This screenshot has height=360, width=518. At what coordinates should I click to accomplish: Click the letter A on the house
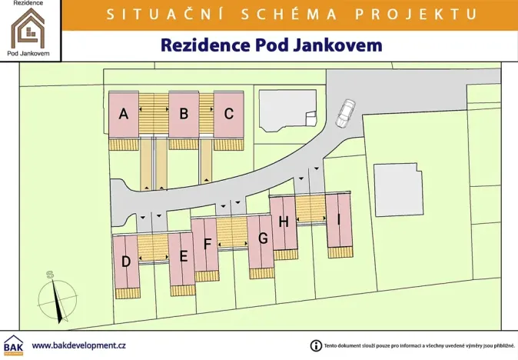point(123,114)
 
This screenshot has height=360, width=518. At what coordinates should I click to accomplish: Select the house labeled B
point(184,114)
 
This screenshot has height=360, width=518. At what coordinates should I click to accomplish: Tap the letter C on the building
point(228,114)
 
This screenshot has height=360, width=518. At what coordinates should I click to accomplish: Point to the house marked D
point(125,261)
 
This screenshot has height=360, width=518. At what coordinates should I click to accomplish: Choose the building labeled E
point(183,256)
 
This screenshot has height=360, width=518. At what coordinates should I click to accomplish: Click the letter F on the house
point(207,245)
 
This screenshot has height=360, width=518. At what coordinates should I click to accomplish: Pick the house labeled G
point(262,238)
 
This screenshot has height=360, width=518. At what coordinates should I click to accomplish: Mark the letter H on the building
point(284,222)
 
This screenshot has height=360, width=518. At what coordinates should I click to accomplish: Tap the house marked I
point(338,219)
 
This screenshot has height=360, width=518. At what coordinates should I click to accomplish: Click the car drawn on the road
point(345,112)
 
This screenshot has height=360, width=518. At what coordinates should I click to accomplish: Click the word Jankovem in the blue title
point(339,45)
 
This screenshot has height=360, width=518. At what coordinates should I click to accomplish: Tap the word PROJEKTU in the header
point(424,14)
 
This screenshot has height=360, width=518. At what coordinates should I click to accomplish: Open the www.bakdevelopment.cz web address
point(79,345)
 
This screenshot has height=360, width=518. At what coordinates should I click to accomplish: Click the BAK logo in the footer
point(13,345)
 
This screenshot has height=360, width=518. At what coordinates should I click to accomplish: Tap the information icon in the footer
point(315,345)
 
